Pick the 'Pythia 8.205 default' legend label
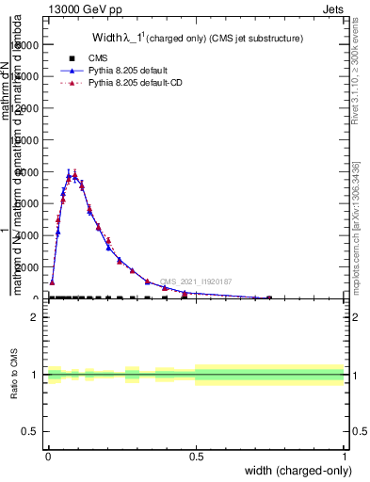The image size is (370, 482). (126, 71)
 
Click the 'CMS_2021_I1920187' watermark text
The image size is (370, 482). (195, 281)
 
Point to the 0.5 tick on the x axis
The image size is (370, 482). (196, 457)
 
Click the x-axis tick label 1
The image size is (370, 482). (345, 457)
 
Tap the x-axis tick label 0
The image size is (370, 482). (48, 457)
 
